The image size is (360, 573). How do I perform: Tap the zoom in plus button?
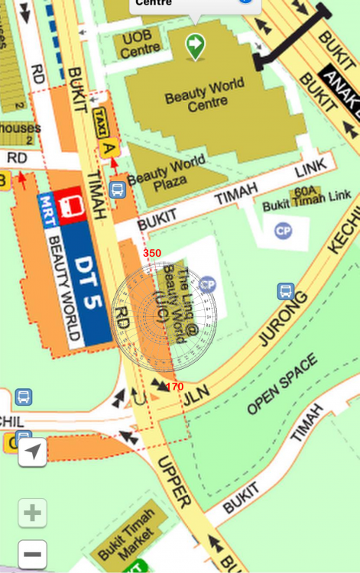point(32,513)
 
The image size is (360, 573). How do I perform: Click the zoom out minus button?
point(32,554)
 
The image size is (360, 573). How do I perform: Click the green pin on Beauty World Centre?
point(196,46)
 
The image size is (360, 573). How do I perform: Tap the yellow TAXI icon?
point(100,122)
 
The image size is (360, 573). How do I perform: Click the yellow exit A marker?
point(109,148)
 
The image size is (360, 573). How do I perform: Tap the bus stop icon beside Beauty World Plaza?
point(117,189)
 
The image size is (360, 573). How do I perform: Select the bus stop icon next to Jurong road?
point(285,291)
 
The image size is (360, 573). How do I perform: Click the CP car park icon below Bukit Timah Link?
point(284,230)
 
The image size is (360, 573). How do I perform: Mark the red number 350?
point(152,253)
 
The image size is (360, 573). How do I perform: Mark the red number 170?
point(174,387)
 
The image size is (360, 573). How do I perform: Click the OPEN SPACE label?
point(281,386)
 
